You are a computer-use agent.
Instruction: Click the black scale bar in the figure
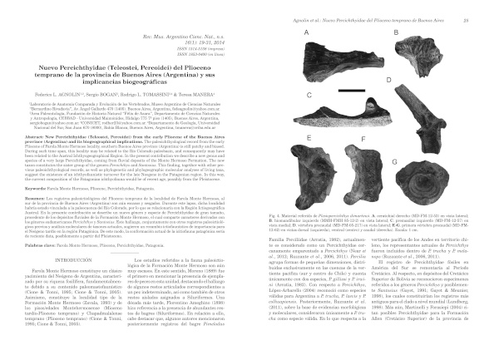(x=466, y=189)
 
